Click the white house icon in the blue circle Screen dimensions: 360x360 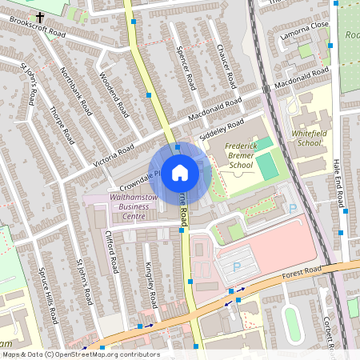tap(180, 173)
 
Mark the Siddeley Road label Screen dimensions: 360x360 tap(222, 130)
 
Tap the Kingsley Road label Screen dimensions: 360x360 tap(150, 286)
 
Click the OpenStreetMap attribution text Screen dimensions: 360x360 tap(80, 354)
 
